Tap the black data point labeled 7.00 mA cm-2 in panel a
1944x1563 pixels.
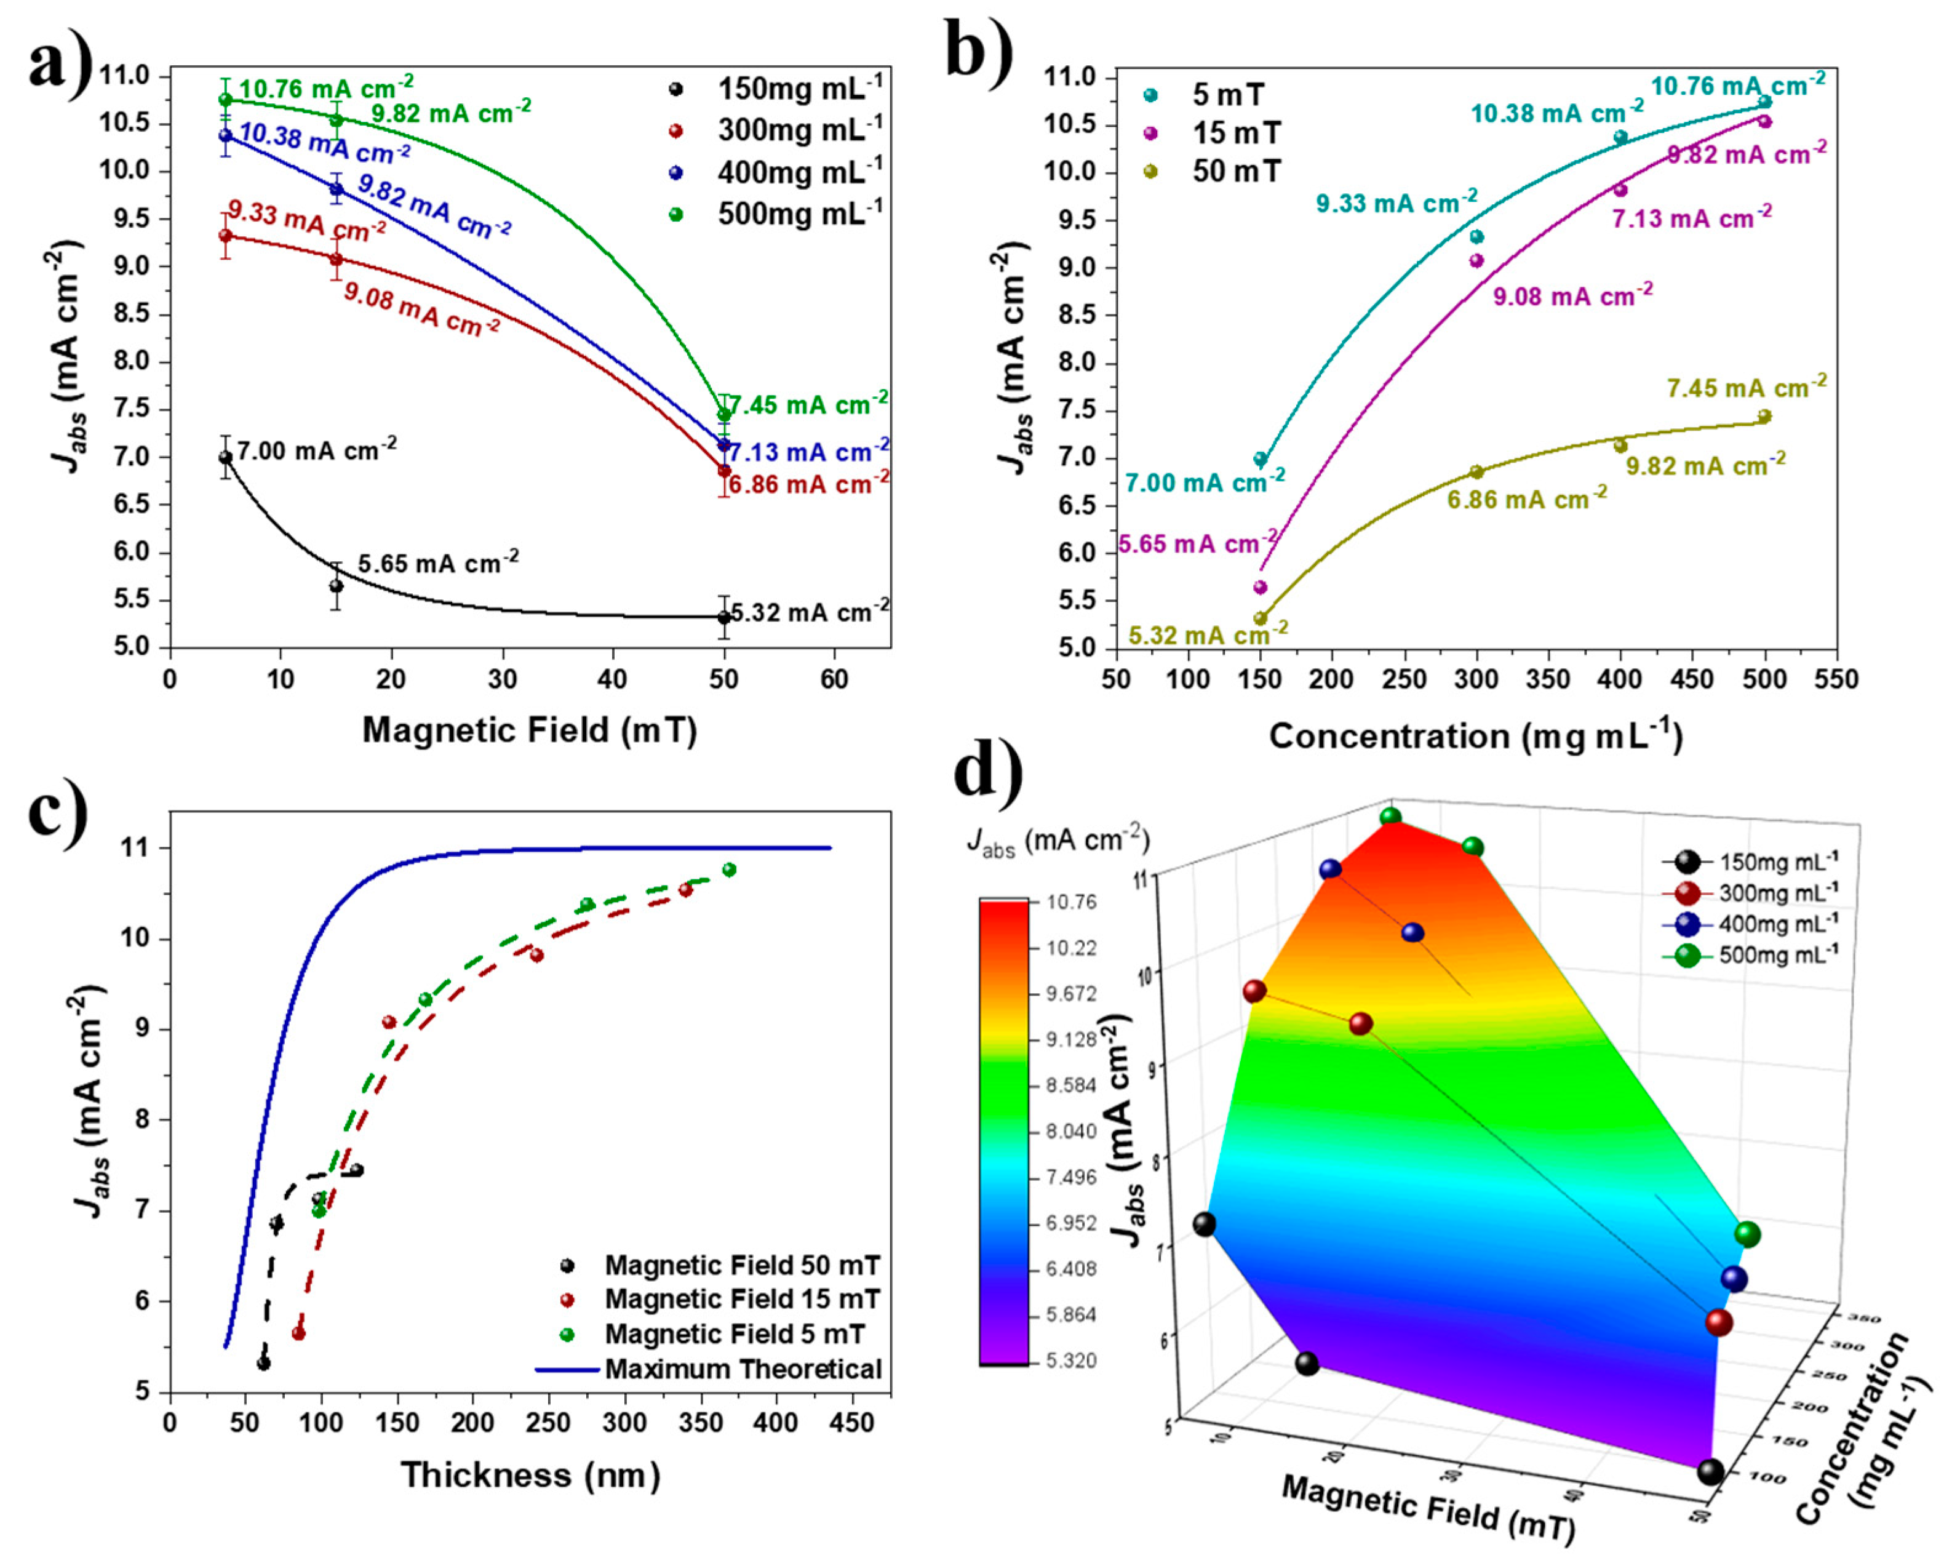(225, 457)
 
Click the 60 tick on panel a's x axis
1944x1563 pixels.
(834, 679)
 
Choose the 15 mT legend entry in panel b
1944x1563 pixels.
(1235, 134)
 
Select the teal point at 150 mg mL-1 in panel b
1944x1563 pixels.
(1261, 459)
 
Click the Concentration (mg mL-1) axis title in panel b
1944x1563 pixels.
(1475, 737)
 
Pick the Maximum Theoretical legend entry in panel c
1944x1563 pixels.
(742, 1369)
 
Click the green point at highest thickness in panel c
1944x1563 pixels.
(730, 869)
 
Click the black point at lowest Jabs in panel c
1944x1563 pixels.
(263, 1364)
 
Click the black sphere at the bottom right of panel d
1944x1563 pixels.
(1710, 1473)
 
